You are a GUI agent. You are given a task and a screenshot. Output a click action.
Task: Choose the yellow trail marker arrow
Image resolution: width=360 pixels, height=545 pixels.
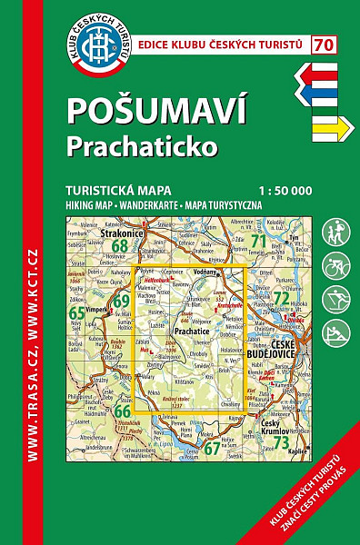tap(331, 129)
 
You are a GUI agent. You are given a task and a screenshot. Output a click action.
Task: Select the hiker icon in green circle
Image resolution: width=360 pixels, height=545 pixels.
tap(337, 230)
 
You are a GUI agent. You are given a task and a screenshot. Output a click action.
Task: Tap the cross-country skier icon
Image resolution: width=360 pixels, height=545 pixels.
tap(337, 299)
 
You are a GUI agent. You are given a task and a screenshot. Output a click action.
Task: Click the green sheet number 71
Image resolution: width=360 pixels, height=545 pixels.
tap(257, 241)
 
